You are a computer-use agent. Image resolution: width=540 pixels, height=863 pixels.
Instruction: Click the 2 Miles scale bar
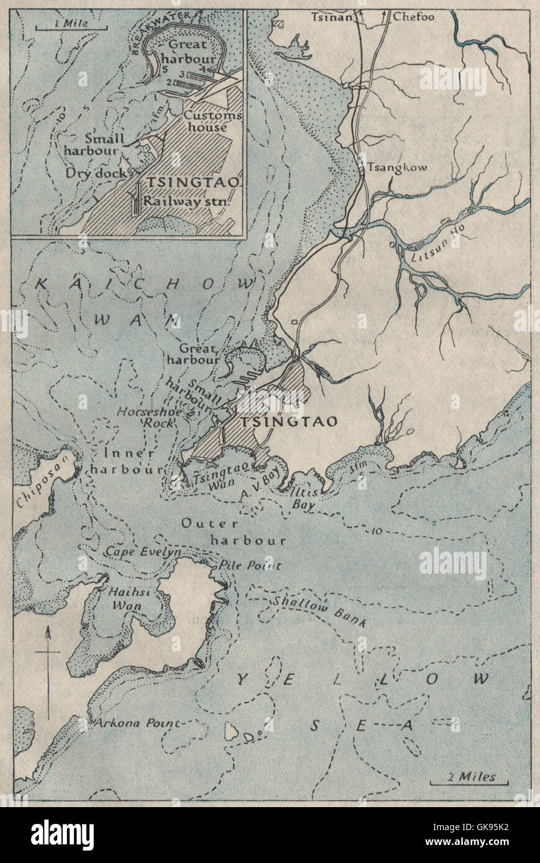pyautogui.click(x=469, y=779)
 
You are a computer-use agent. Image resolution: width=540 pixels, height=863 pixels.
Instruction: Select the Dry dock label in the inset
pyautogui.click(x=96, y=173)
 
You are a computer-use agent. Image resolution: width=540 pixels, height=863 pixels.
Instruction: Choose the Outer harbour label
pyautogui.click(x=233, y=532)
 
